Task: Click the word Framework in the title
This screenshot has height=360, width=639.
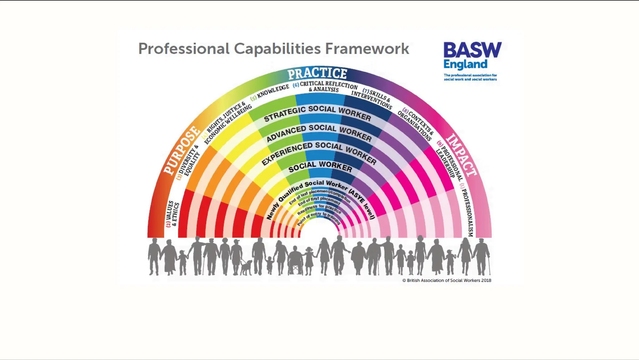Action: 367,49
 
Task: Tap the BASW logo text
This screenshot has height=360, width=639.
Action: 472,50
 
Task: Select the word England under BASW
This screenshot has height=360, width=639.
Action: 465,65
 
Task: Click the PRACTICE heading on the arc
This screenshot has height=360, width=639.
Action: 317,74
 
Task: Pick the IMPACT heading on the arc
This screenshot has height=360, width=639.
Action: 461,155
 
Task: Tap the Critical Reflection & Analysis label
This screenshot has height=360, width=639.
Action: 326,86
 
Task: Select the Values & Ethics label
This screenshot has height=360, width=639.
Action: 172,214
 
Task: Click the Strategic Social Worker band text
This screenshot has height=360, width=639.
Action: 317,113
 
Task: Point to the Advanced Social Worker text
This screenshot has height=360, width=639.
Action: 319,132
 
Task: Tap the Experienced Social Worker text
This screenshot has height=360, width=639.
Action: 319,151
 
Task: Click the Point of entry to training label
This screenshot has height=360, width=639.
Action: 318,218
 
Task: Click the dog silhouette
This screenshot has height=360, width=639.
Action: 246,267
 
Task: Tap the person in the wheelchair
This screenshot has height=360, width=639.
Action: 295,261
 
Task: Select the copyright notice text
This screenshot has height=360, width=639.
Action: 447,280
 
